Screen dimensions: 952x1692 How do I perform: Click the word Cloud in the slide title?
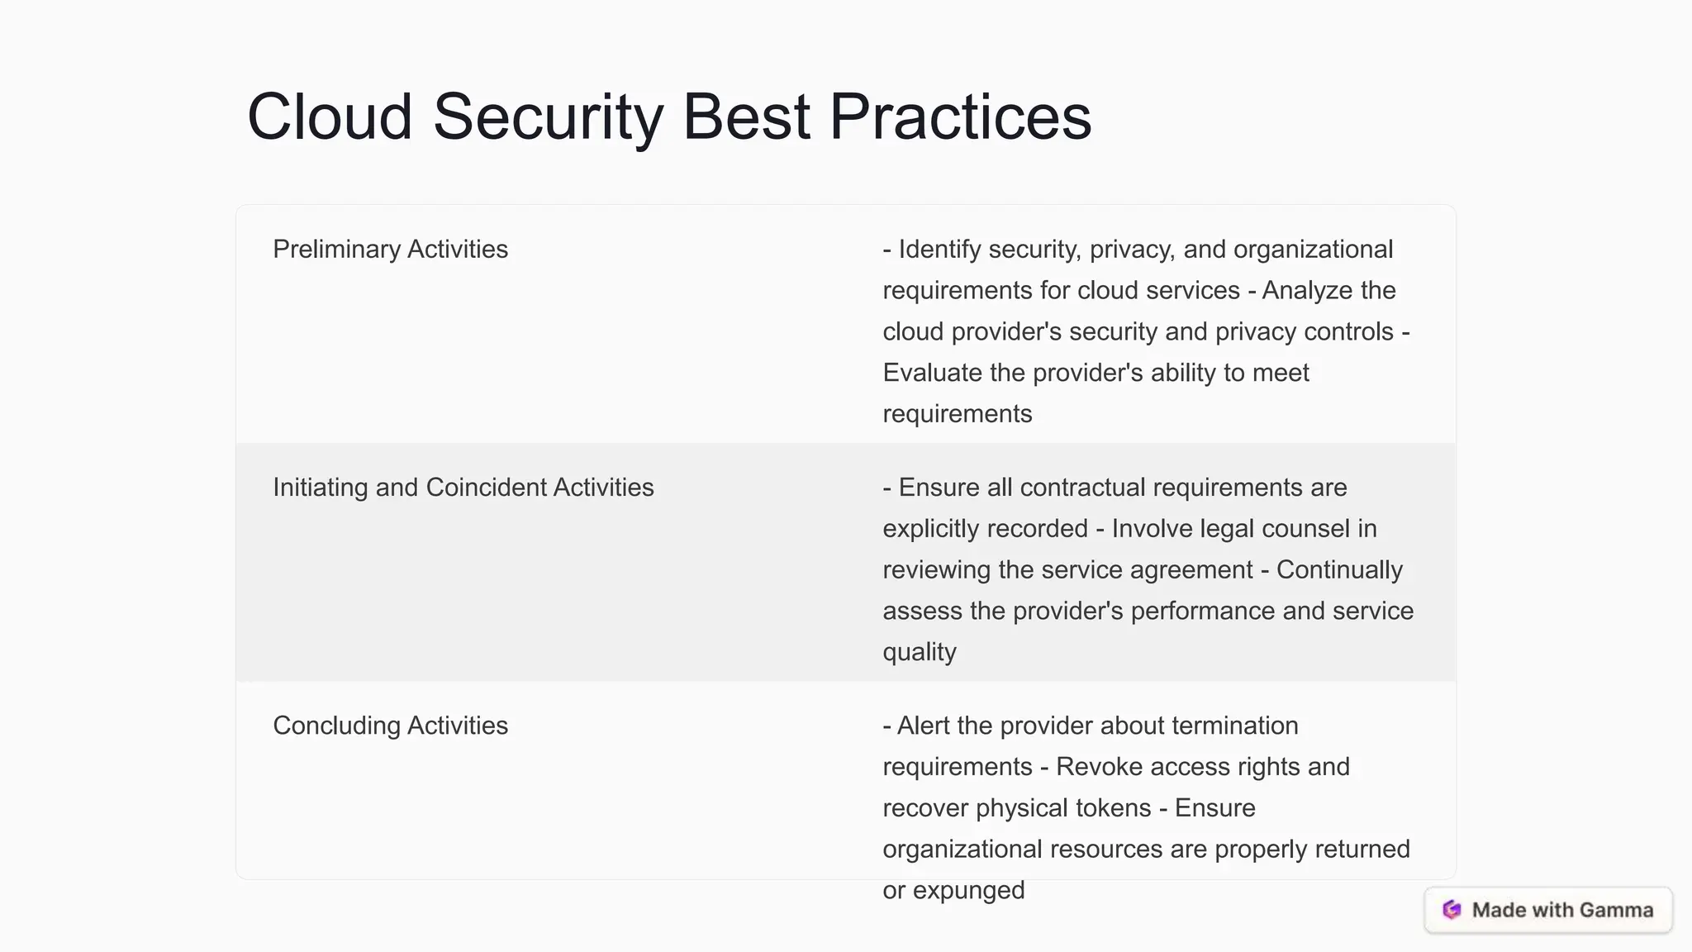coord(330,117)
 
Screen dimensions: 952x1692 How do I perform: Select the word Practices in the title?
coord(960,117)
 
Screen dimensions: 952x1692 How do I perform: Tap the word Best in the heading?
coord(746,117)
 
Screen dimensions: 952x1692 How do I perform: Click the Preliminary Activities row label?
coord(390,249)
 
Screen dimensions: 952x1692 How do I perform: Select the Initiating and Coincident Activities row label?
coord(463,487)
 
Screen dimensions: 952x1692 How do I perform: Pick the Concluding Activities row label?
coord(390,725)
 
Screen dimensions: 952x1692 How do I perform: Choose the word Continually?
coord(1339,569)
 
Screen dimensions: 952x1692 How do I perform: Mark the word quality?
coord(919,652)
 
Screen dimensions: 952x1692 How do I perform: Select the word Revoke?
coord(1099,766)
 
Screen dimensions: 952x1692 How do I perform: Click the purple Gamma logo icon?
coord(1452,910)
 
